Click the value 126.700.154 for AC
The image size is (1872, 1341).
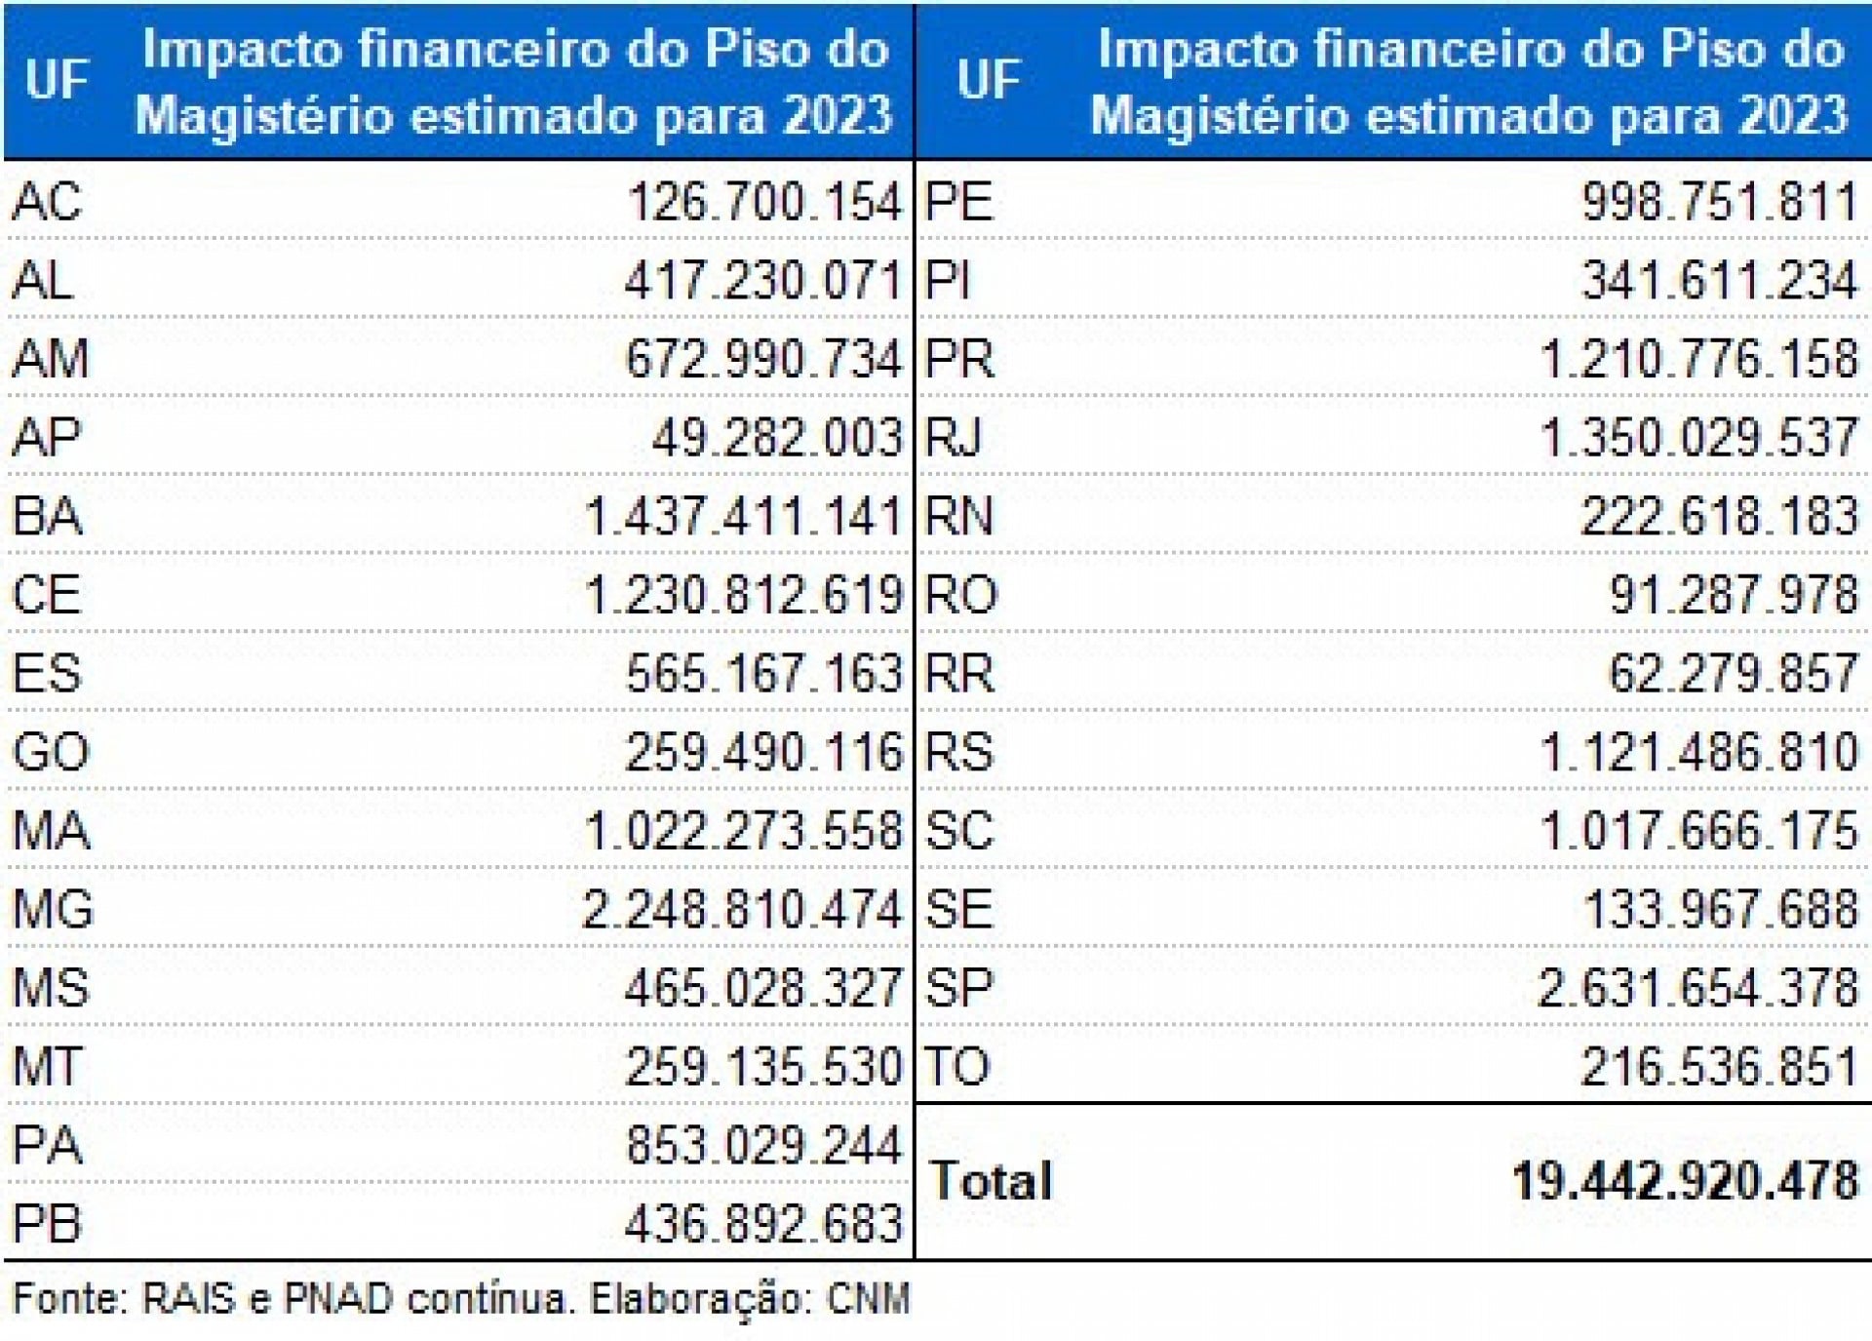tap(764, 203)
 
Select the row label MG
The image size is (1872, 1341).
tap(53, 910)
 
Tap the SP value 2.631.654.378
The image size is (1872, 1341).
tap(1697, 988)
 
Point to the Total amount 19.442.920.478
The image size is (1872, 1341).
tap(1686, 1181)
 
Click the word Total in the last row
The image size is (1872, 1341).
tap(991, 1181)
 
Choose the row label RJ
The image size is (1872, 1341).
tap(953, 438)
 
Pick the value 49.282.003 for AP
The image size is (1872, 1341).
tap(777, 438)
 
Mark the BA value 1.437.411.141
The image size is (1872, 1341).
tap(744, 517)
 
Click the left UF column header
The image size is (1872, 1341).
tap(57, 80)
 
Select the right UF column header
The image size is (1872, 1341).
tap(989, 80)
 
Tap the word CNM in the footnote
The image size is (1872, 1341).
tap(868, 1299)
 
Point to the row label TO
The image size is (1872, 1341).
tap(956, 1067)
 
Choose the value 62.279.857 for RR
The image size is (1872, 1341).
tap(1733, 674)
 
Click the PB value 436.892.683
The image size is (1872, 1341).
tap(763, 1225)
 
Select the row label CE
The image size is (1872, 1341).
tap(46, 595)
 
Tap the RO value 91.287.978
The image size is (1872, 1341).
tap(1733, 595)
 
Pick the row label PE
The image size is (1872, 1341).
tap(958, 203)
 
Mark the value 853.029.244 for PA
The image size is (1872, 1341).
tap(763, 1146)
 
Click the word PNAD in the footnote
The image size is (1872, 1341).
tap(337, 1299)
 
